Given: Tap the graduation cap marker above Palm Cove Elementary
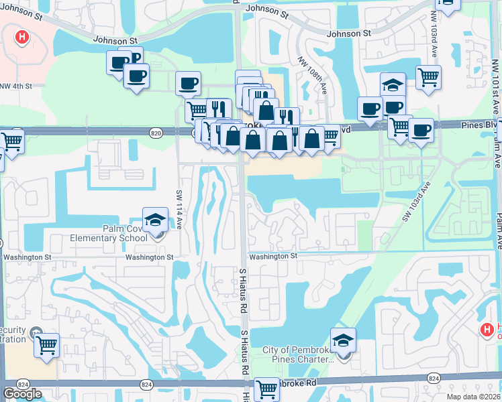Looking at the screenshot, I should [155, 219].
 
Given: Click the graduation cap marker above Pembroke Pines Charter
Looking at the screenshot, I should [343, 341].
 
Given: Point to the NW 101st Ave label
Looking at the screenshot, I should [495, 87].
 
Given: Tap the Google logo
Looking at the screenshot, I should [22, 394].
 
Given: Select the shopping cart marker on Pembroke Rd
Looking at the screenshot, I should [266, 389].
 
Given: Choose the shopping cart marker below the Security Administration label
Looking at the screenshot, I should [46, 346].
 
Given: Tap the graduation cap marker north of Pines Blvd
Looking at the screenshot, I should [393, 85].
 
